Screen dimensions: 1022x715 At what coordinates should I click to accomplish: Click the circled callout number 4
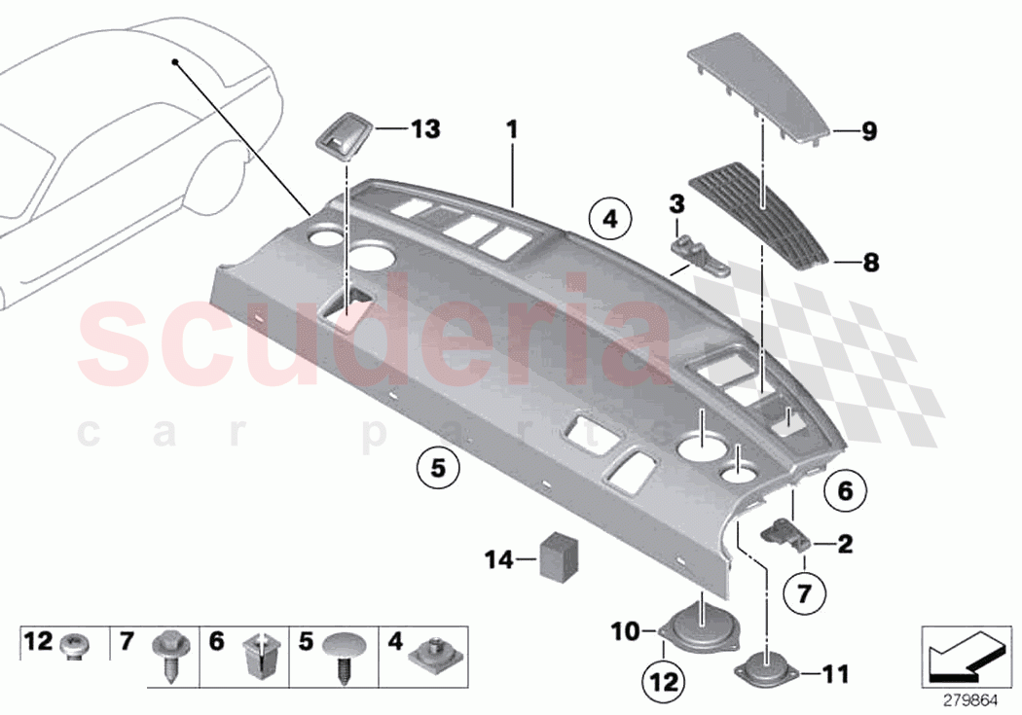[609, 220]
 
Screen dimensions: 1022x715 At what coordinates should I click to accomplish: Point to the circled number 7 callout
[804, 593]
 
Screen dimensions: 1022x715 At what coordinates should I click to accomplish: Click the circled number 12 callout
[664, 682]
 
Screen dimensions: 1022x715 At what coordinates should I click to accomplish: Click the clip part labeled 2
[785, 533]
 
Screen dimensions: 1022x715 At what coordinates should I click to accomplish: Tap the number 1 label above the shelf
[512, 129]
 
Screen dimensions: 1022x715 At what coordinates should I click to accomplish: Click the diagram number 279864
[970, 700]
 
